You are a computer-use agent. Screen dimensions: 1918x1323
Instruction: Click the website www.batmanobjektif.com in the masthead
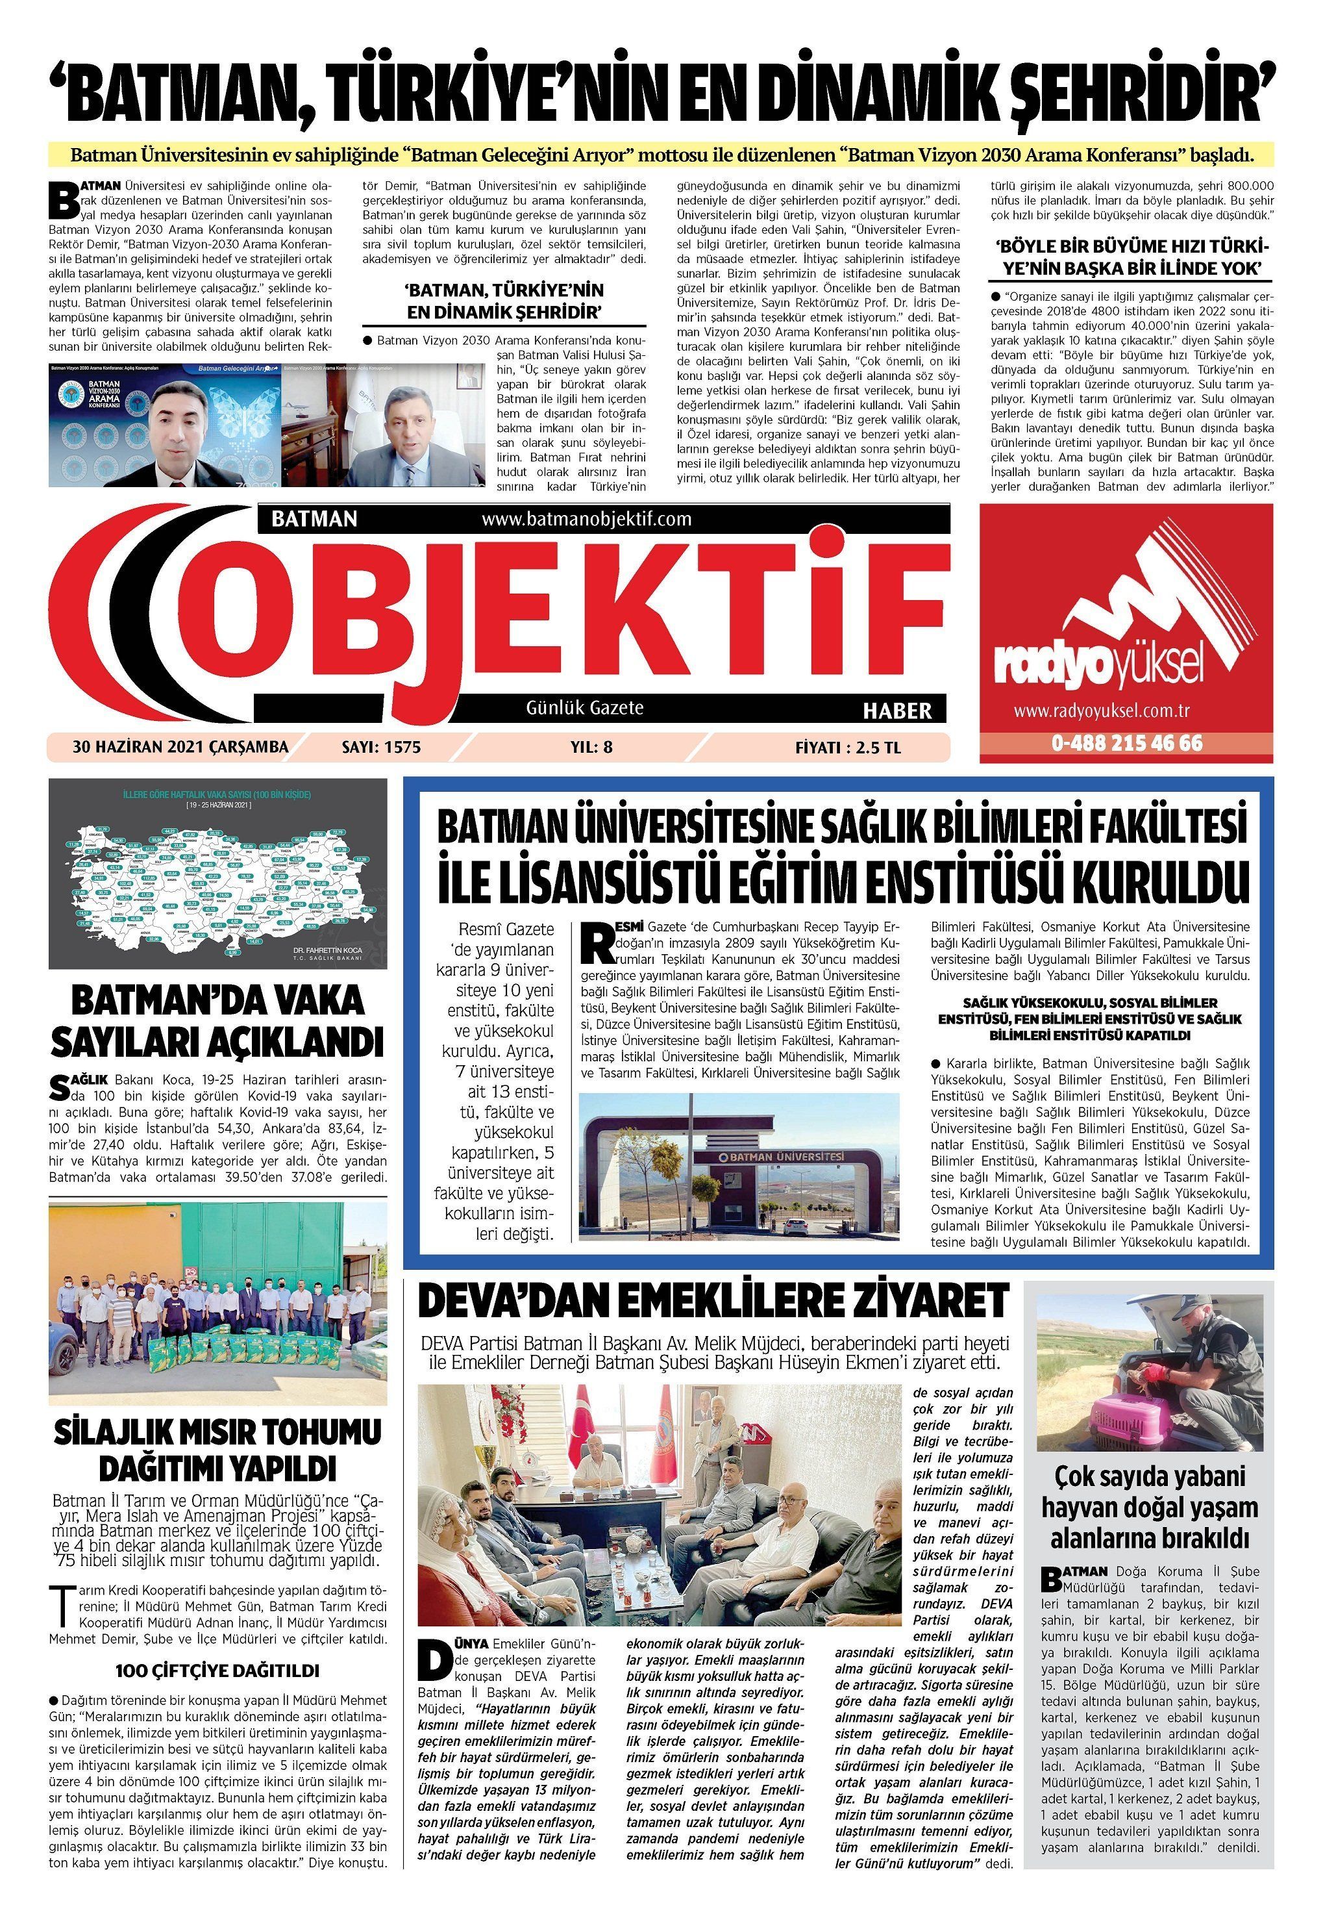pyautogui.click(x=586, y=519)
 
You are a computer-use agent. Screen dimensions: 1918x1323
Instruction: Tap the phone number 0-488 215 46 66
pyautogui.click(x=1128, y=743)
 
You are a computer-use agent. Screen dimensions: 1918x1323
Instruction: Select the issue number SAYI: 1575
pyautogui.click(x=381, y=747)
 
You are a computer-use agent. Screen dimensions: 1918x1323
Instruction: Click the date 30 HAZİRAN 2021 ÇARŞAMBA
pyautogui.click(x=180, y=747)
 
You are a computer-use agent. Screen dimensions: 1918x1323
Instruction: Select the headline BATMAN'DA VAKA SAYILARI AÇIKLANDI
pyautogui.click(x=217, y=1021)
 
